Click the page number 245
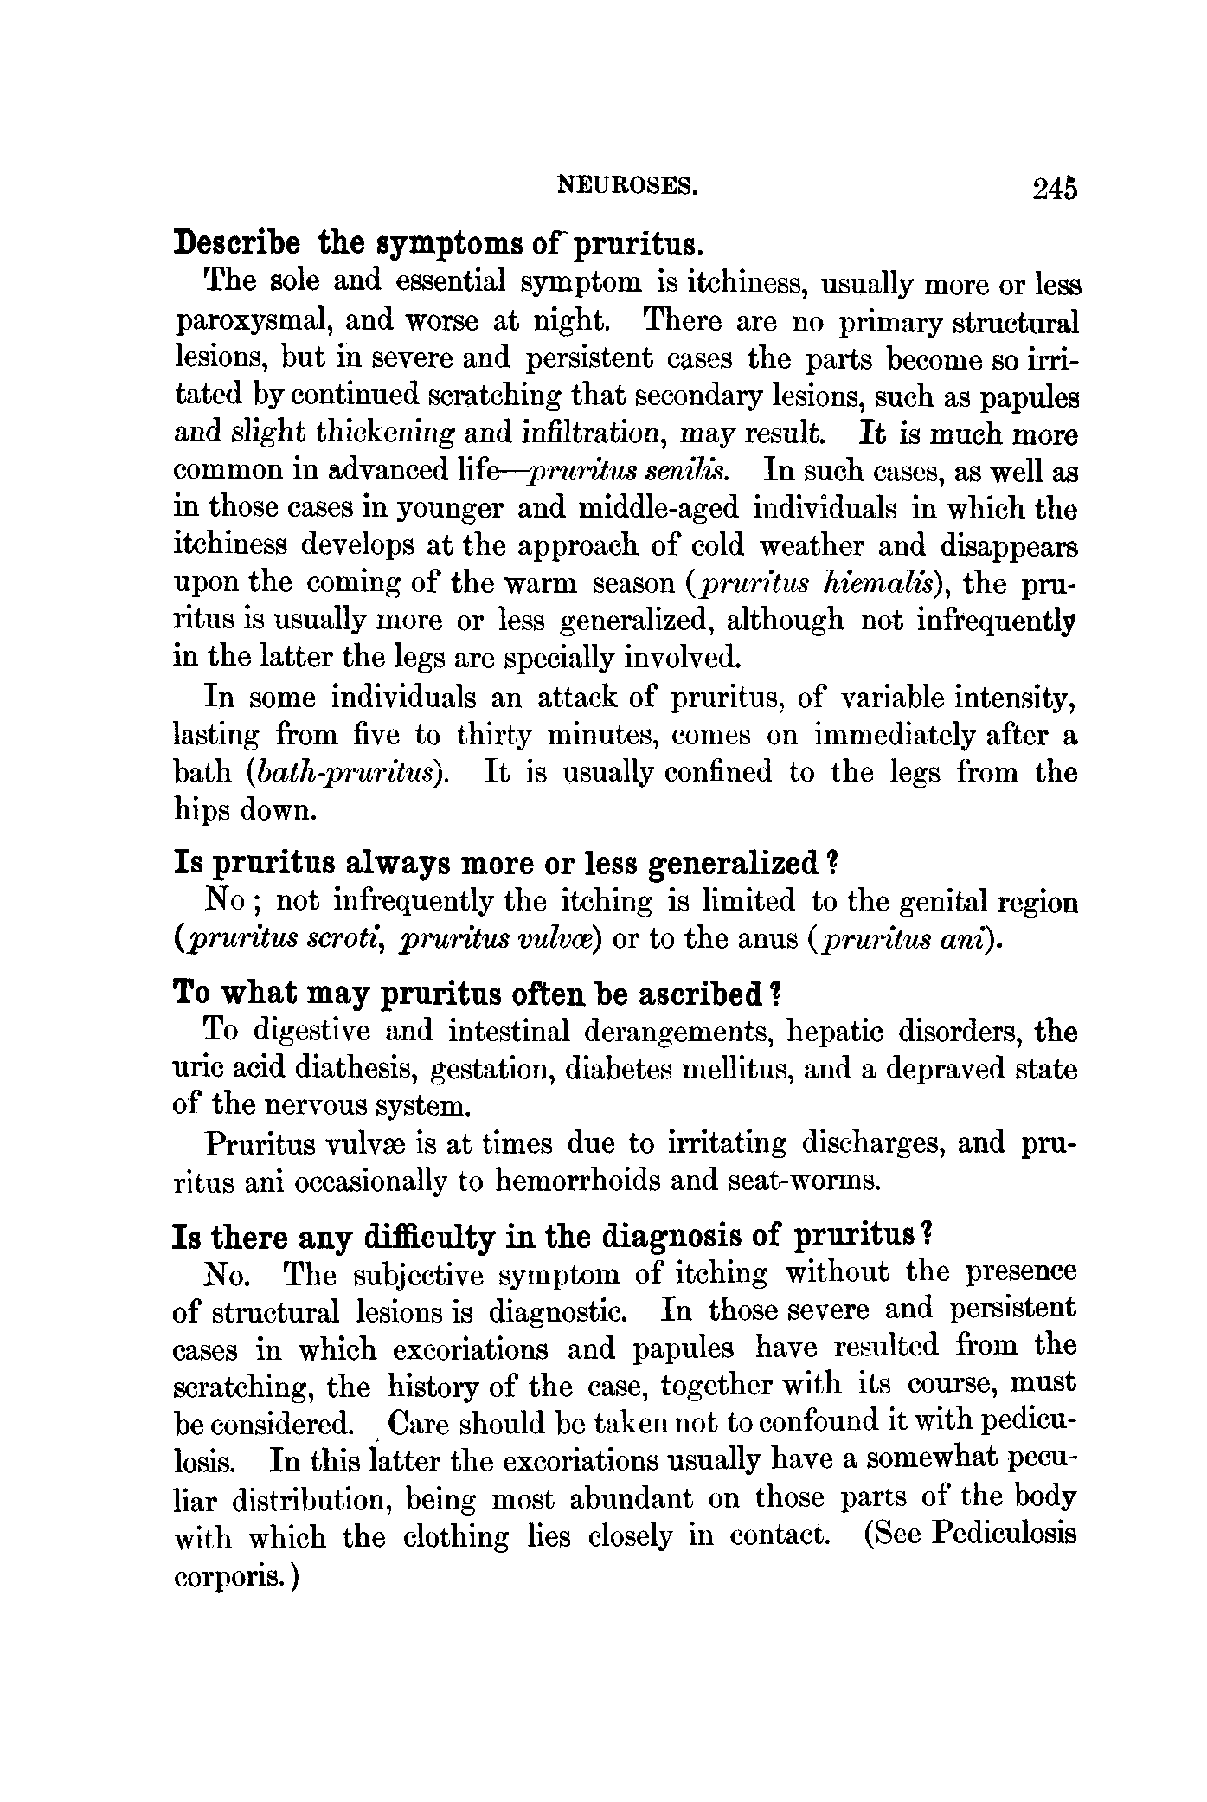pyautogui.click(x=1054, y=189)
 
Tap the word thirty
pyautogui.click(x=491, y=735)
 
